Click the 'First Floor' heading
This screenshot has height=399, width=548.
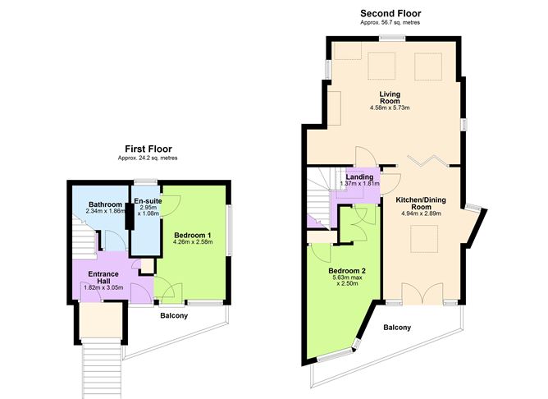(148, 149)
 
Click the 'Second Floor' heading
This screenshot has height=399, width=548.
(390, 14)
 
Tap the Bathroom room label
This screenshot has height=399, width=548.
(105, 204)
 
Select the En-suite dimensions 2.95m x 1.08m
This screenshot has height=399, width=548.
(148, 210)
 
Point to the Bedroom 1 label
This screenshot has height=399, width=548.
(193, 235)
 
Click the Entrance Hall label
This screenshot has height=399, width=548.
(103, 277)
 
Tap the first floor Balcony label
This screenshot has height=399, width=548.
(174, 316)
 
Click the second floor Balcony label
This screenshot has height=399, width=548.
(397, 328)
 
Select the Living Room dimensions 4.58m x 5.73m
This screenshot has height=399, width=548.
(390, 108)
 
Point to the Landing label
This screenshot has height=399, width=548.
(359, 177)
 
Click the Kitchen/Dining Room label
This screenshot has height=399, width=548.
(421, 203)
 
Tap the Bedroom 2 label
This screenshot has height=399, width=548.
(347, 271)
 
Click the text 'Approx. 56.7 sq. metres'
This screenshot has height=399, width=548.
(390, 22)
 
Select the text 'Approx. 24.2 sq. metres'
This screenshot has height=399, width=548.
(148, 158)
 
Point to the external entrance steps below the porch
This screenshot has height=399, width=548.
(102, 370)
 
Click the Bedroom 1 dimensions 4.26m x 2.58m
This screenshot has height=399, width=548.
(193, 241)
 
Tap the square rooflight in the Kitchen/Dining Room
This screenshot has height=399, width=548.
(424, 238)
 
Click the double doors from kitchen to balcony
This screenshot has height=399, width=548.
(422, 293)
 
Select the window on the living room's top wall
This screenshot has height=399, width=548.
(392, 38)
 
